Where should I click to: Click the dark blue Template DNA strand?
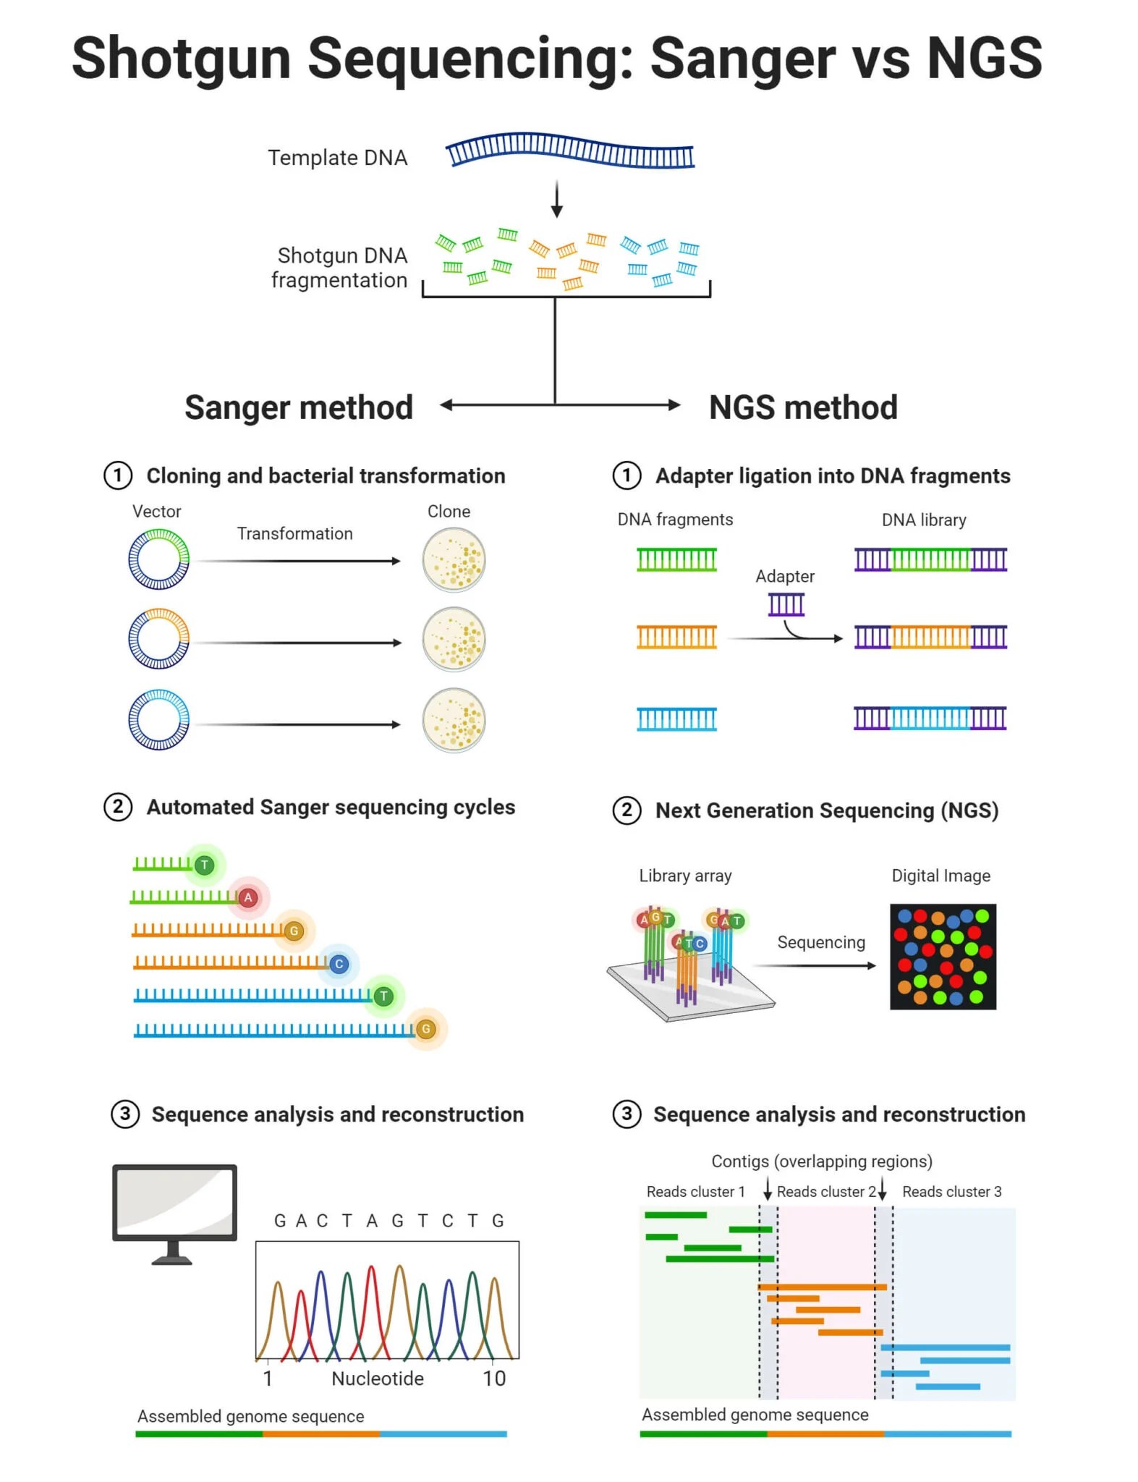point(569,151)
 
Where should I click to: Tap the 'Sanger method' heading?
point(298,407)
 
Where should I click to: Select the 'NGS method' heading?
point(802,407)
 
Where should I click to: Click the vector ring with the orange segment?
point(158,639)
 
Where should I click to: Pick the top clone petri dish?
point(454,560)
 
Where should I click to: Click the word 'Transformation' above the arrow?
point(294,534)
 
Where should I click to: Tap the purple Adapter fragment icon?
point(786,604)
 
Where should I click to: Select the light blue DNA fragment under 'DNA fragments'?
point(676,719)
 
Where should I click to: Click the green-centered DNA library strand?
point(930,559)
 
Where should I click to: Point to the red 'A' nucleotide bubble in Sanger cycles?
point(248,898)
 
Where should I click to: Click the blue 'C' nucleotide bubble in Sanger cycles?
point(339,964)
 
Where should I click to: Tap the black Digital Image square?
point(942,957)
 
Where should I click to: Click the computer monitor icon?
point(174,1205)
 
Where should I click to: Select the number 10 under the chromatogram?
point(494,1379)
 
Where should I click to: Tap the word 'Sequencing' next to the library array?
point(820,942)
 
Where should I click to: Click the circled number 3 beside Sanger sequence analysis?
point(124,1114)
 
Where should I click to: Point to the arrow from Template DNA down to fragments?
point(556,199)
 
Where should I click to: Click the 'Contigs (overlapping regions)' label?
point(821,1161)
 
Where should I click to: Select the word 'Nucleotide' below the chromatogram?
point(377,1379)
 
